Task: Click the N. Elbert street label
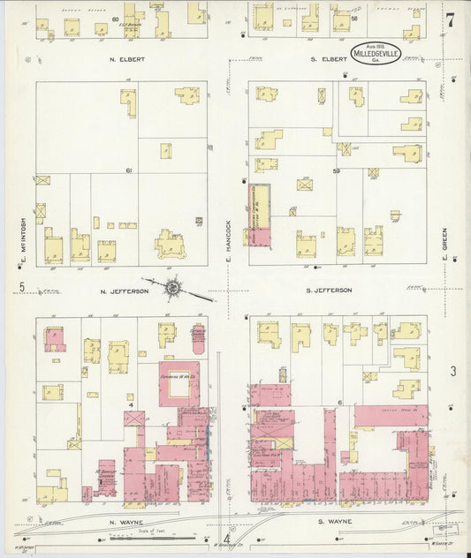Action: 127,59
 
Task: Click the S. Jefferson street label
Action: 329,290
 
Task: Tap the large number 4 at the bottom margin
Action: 226,540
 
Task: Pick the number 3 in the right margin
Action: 452,372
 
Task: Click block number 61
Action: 128,170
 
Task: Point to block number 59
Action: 336,170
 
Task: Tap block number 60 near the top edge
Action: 116,18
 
